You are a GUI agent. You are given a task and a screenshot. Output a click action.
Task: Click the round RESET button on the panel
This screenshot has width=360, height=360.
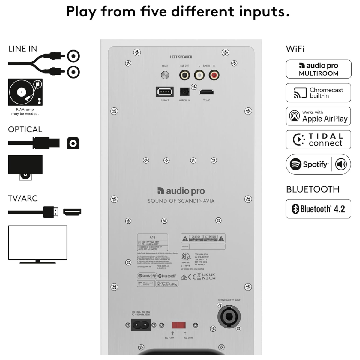point(165,75)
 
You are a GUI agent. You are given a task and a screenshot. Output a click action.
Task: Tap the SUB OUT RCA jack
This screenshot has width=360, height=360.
point(184,75)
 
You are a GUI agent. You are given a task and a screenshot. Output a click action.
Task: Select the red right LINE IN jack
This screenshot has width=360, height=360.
point(214,75)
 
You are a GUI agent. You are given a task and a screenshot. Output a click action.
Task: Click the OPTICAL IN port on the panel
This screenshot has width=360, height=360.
point(184,92)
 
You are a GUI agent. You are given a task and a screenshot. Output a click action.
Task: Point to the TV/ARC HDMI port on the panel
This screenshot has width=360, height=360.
point(207,92)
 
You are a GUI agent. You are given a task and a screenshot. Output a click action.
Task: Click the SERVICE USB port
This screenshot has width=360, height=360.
point(165,92)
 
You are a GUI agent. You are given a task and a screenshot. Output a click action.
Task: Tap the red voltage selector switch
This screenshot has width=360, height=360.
point(179,325)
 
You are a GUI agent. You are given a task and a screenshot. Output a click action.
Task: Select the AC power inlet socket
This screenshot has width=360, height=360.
point(141,325)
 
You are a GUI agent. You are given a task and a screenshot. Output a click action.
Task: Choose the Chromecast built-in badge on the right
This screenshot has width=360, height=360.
point(318,93)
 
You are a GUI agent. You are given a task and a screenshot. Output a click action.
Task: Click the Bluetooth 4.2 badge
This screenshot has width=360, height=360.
point(318,209)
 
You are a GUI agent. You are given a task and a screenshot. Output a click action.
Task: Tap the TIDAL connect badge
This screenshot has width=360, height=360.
point(318,139)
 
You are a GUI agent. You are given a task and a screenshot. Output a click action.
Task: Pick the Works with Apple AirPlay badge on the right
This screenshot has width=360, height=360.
point(318,116)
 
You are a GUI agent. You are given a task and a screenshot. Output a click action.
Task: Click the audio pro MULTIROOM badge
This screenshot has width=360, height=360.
point(318,69)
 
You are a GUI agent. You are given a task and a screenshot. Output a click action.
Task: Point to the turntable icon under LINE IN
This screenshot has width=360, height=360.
point(25,92)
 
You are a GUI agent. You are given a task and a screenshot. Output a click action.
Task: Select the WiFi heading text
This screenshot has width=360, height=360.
point(295,49)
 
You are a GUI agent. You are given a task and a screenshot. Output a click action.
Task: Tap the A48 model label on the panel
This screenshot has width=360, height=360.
point(152,237)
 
